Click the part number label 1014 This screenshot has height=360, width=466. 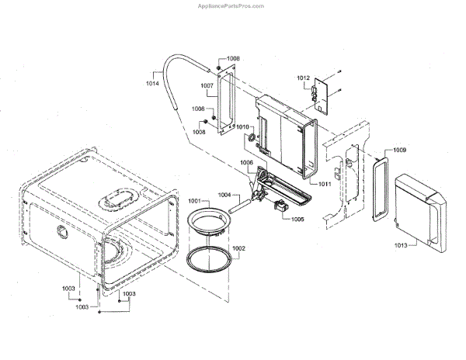[x=153, y=81]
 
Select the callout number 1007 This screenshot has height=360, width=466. [x=207, y=85]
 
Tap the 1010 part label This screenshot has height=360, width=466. [x=243, y=127]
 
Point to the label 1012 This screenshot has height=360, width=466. [x=303, y=79]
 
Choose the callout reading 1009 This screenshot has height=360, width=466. [x=399, y=149]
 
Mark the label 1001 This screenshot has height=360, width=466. [x=194, y=201]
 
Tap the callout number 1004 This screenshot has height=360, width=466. [x=224, y=195]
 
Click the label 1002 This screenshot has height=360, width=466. [x=238, y=248]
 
